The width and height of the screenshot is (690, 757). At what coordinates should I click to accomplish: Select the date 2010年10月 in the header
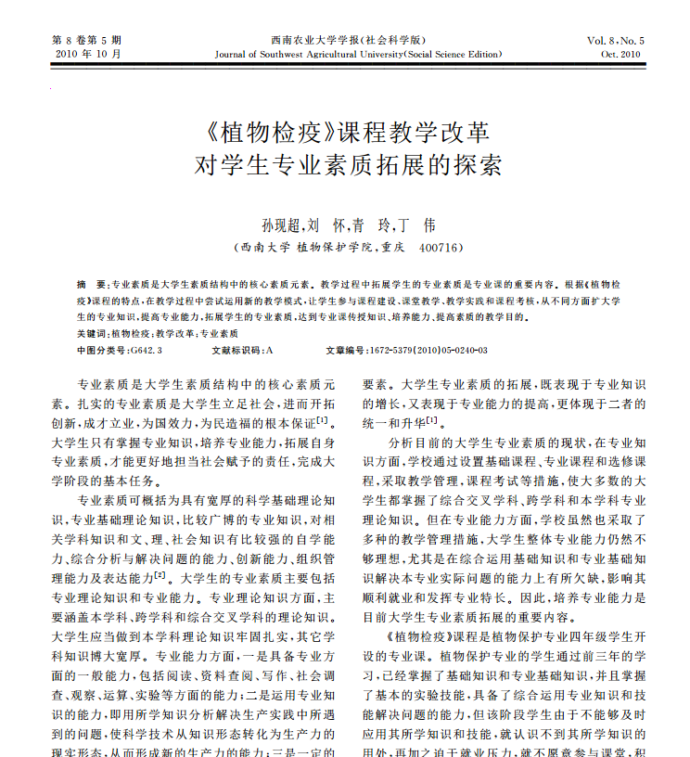click(x=84, y=55)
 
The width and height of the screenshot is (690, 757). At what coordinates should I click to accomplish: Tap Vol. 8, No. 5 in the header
click(x=614, y=41)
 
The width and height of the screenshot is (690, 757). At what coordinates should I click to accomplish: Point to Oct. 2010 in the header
click(x=620, y=55)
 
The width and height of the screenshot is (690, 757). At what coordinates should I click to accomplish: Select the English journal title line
click(x=358, y=55)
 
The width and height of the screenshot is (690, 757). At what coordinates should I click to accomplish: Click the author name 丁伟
click(x=416, y=225)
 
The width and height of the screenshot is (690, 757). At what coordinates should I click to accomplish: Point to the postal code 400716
click(x=441, y=248)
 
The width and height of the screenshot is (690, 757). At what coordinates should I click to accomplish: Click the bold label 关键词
click(x=91, y=333)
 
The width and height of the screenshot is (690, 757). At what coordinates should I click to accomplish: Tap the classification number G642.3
click(x=147, y=351)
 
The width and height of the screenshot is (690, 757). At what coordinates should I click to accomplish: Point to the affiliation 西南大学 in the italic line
click(x=263, y=248)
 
